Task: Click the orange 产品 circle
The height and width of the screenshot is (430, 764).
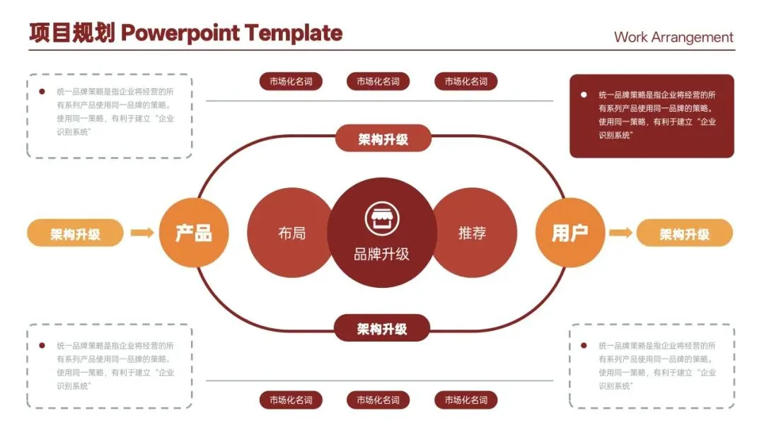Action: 194,233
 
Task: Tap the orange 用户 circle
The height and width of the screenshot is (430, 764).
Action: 569,233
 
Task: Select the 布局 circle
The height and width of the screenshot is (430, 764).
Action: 291,233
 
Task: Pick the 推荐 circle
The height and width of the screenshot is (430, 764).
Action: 473,233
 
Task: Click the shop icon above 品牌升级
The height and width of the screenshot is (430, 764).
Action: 382,217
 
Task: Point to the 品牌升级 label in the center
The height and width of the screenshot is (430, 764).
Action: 382,254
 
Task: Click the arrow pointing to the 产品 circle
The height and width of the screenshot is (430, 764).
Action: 142,233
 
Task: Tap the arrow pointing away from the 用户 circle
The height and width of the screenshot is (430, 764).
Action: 620,233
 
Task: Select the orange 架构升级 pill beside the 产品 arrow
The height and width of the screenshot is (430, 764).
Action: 75,233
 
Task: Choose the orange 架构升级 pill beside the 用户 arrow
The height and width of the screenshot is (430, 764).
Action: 684,233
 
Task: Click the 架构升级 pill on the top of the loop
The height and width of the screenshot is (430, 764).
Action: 383,139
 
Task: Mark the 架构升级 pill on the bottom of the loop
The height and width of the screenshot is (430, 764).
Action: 382,328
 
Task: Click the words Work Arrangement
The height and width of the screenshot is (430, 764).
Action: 673,37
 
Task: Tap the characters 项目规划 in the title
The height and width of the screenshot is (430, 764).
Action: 71,33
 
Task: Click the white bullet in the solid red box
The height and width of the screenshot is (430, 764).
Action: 583,94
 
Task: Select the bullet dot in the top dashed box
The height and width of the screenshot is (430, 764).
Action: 42,91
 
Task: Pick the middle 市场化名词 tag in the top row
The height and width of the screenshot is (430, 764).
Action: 378,81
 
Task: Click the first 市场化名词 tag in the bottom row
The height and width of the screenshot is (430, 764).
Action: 291,400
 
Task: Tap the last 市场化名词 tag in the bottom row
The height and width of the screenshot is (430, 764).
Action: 465,400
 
